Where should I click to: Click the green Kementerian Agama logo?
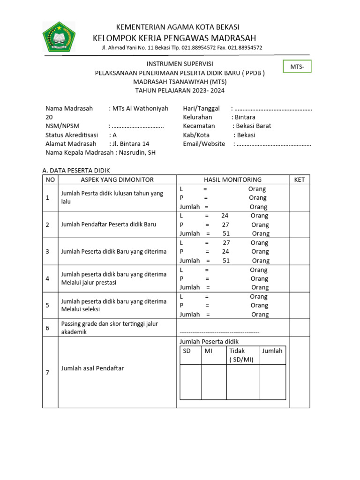click(x=59, y=37)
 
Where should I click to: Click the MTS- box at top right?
click(x=297, y=67)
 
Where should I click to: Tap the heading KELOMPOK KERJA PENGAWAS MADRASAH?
click(x=174, y=38)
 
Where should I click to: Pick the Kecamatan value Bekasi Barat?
click(x=254, y=126)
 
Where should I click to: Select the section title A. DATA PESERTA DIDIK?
click(x=76, y=170)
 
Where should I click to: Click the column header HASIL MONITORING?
click(x=232, y=180)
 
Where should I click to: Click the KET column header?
click(x=299, y=180)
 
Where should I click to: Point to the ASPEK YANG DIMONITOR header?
click(x=117, y=180)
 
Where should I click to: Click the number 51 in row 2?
click(x=226, y=233)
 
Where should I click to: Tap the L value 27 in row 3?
click(x=226, y=243)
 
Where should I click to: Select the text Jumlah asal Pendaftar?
click(x=92, y=368)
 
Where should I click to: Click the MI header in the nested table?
click(x=209, y=351)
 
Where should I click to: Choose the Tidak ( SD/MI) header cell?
click(x=242, y=355)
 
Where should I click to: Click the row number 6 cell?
click(x=47, y=328)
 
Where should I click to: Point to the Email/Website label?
click(x=204, y=144)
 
